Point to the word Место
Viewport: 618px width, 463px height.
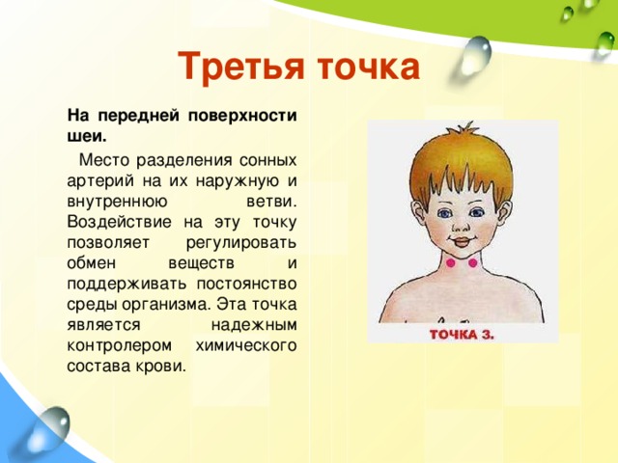point(106,160)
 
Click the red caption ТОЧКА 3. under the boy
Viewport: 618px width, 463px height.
point(462,335)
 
